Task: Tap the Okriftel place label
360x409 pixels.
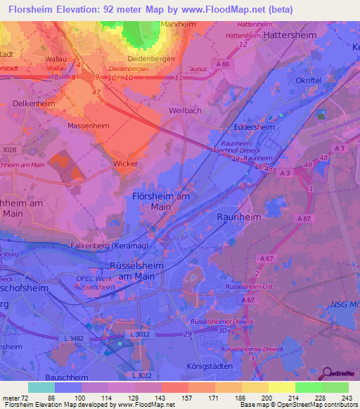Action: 309,80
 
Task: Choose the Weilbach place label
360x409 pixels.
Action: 186,110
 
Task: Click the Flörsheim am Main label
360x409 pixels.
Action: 161,202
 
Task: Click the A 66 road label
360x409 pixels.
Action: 224,65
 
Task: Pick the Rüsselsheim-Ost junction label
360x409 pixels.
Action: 247,287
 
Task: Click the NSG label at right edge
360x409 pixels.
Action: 344,304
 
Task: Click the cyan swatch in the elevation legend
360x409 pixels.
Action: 41,387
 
